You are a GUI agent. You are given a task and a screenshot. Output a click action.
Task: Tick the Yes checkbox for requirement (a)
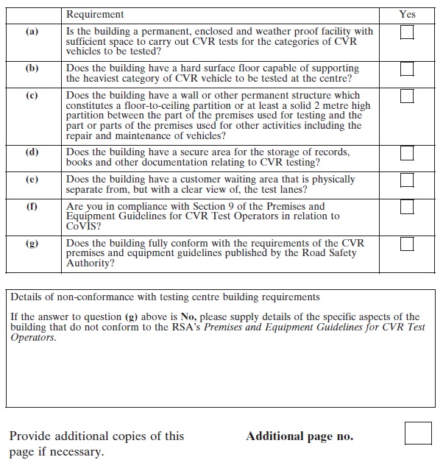[406, 32]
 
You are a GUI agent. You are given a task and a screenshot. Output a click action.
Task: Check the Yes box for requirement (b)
[406, 68]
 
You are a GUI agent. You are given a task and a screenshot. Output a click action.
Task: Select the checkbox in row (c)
[406, 96]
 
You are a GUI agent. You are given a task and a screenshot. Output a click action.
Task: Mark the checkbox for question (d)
[406, 153]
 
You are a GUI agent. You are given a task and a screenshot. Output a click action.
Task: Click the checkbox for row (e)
[406, 180]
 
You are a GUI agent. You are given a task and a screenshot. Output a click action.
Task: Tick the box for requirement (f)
[406, 208]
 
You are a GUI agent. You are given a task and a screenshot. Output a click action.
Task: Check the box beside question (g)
[406, 244]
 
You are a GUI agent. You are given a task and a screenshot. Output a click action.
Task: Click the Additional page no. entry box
[418, 433]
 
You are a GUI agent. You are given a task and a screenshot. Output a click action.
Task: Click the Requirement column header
[95, 14]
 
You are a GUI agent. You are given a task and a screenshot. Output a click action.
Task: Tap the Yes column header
[407, 14]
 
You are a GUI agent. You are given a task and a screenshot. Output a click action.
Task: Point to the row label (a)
[32, 32]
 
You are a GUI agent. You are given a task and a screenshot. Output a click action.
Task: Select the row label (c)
[32, 96]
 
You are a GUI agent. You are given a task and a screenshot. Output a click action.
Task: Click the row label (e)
[32, 180]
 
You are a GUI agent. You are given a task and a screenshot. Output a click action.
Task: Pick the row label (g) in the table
[32, 244]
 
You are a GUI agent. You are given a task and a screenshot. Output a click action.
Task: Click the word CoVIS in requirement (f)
[82, 227]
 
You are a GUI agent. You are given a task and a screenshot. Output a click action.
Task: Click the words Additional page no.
[300, 436]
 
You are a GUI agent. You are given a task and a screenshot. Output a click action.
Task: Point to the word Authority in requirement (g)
[91, 263]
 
